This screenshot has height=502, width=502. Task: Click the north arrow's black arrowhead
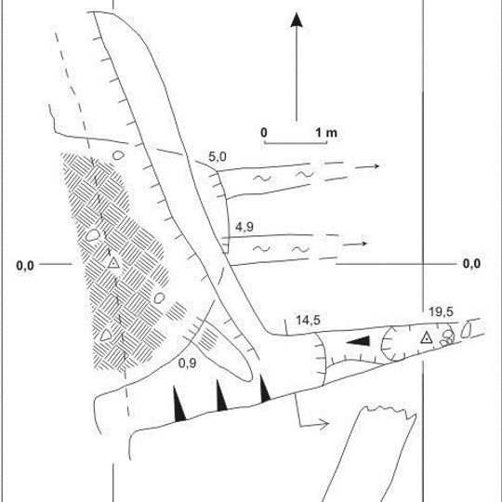297,20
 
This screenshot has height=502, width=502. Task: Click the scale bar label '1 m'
326,133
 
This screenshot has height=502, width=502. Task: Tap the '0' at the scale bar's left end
264,133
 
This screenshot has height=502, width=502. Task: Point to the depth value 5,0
218,157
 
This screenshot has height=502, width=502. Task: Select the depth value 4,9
244,227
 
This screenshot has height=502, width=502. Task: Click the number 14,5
308,320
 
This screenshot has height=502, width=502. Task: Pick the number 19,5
442,311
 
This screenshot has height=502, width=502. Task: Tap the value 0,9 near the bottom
187,363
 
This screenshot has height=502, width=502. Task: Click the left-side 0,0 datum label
25,265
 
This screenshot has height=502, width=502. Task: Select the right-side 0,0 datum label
471,264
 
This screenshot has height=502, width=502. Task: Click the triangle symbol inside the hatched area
113,263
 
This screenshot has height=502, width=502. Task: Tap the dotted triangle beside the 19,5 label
426,338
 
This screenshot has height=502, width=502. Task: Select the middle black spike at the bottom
221,397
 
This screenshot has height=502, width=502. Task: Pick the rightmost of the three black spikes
264,390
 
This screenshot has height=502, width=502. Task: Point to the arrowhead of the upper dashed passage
376,165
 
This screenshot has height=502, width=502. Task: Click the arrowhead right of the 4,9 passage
364,244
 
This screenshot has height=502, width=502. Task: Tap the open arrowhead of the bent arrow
324,424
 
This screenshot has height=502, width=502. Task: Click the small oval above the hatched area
118,155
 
